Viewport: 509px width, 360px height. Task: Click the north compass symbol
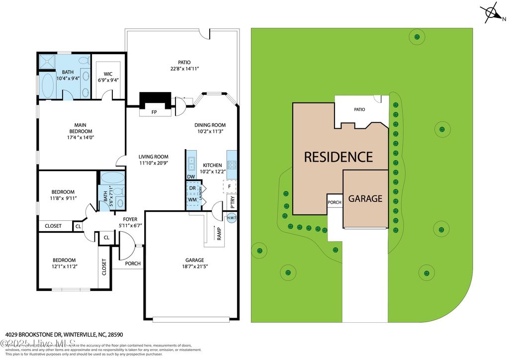coord(492,14)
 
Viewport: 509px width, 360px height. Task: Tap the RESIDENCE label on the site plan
coord(338,157)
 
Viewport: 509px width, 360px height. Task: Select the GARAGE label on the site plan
coord(365,198)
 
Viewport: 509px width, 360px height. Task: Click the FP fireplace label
coord(154,112)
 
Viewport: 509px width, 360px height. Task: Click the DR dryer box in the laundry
coord(191,188)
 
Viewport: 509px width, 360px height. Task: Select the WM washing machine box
coord(191,199)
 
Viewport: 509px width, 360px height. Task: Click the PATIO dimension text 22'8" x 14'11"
coord(184,69)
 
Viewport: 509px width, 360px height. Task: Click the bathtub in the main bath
coord(49,86)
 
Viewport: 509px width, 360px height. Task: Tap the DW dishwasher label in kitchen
coord(191,177)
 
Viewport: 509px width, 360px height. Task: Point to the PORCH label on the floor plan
coord(132,264)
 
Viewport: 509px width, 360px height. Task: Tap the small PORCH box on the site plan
coord(334,202)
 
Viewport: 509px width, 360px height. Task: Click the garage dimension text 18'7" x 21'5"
coord(194,267)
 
